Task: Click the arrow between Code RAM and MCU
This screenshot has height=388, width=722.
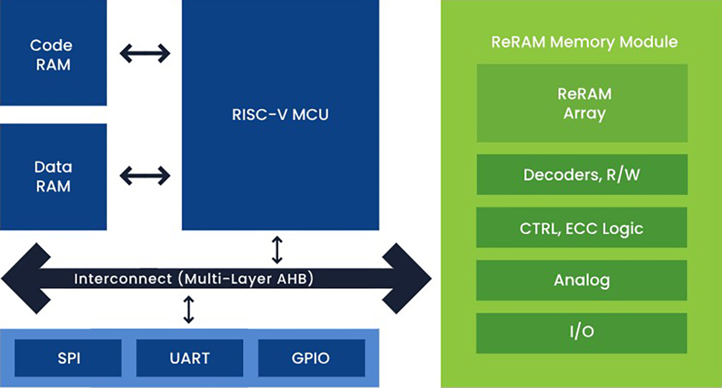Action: point(145,54)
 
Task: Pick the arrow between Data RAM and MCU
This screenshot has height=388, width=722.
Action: point(145,176)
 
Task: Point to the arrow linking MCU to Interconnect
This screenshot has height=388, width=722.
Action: point(277,250)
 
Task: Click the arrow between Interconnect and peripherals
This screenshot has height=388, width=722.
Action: point(190,308)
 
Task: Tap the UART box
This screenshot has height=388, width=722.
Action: point(190,358)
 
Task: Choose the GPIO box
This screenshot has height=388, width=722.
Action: point(312,358)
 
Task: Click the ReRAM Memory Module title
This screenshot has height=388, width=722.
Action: point(584,42)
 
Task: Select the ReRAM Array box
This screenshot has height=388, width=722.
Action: point(581,103)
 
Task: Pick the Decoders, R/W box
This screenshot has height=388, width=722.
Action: point(581,175)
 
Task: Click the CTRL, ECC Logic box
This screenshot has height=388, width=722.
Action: point(581,228)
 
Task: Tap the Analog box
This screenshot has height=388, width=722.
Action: point(581,280)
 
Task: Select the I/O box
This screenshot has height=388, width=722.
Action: point(581,333)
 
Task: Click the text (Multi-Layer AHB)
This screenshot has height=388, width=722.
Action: point(248,279)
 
